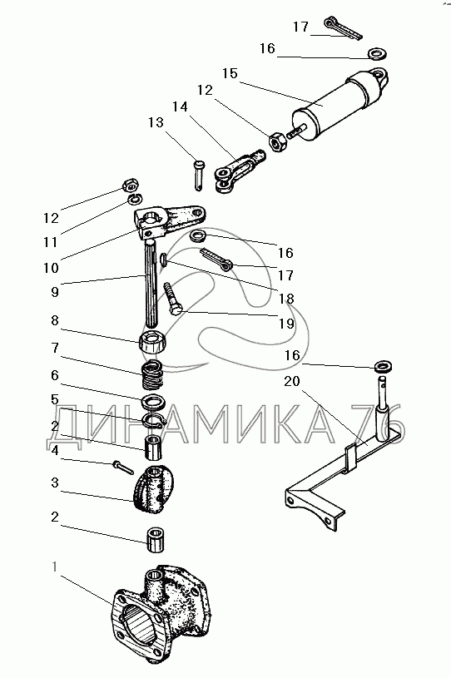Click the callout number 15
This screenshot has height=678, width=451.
pos(230,73)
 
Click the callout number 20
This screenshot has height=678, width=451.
pos(292,381)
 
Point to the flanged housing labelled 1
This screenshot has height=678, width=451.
pos(161,616)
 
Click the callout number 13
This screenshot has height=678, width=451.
pos(156,122)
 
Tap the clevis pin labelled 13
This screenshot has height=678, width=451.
pos(198,174)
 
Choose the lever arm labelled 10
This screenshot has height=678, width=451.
pos(169,221)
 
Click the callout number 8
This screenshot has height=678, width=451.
pos(55,320)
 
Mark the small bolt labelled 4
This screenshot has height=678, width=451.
pos(123,468)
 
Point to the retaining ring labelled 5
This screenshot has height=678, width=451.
pos(151,419)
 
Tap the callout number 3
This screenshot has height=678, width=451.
pos(55,483)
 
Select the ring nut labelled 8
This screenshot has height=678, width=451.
pos(153,342)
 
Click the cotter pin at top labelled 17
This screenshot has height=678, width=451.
pos(344,29)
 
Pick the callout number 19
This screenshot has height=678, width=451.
pos(286,324)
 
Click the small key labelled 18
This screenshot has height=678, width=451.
pos(164,261)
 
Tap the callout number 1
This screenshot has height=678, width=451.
pos(54,566)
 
